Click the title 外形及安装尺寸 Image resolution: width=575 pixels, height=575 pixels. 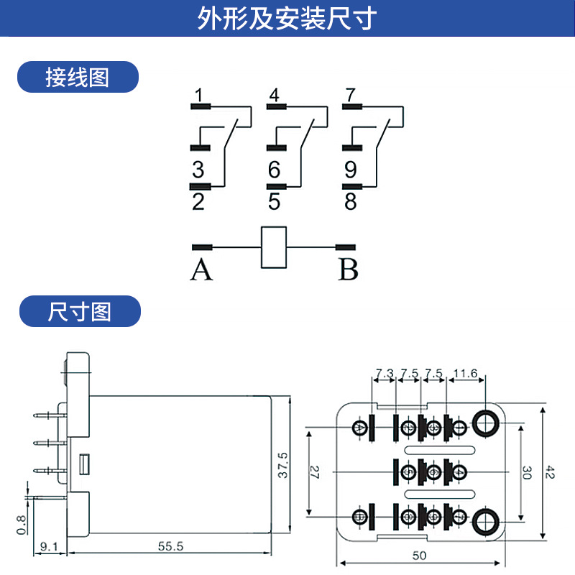(x=287, y=19)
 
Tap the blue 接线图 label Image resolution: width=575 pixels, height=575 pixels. (x=78, y=77)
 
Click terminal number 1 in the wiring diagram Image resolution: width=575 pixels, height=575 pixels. (x=198, y=96)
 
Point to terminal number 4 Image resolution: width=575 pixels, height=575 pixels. (x=274, y=96)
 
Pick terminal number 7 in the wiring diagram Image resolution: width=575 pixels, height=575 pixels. (x=350, y=96)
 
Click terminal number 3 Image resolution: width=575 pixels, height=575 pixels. (x=198, y=170)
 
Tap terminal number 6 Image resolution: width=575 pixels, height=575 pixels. (x=274, y=170)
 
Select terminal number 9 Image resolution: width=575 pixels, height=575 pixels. (x=350, y=170)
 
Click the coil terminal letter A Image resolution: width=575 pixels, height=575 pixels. (x=202, y=270)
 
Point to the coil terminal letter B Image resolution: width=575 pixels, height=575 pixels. (x=349, y=270)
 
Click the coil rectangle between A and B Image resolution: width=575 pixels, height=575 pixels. (x=273, y=247)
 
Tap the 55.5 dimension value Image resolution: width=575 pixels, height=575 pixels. (x=171, y=546)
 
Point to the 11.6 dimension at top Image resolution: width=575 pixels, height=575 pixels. (x=466, y=373)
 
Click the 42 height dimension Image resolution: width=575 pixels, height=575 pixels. (x=550, y=472)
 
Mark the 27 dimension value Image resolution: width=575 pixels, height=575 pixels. (x=314, y=472)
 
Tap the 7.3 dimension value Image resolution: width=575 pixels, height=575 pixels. (x=385, y=373)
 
